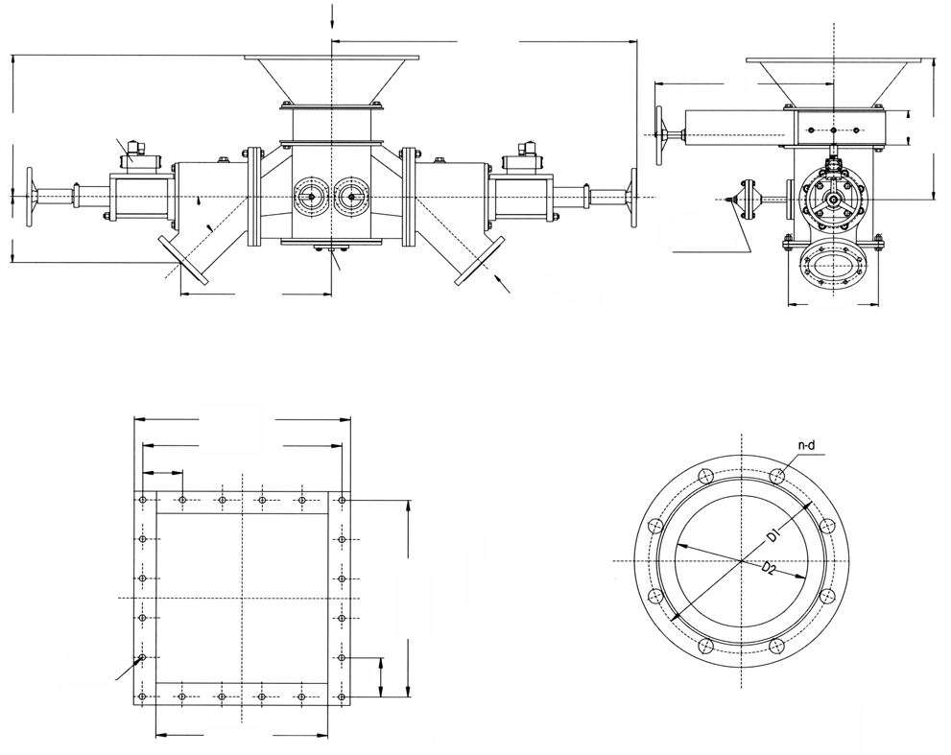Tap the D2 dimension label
coord(769,568)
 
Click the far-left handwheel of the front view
coord(31,198)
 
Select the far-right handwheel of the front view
coord(632,198)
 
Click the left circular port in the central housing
coord(308,197)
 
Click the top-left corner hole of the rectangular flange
coord(142,500)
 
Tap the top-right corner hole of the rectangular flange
coord(343,500)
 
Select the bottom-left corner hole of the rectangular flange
coord(142,696)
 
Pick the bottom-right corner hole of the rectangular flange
coord(343,696)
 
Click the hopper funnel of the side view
coord(832,83)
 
